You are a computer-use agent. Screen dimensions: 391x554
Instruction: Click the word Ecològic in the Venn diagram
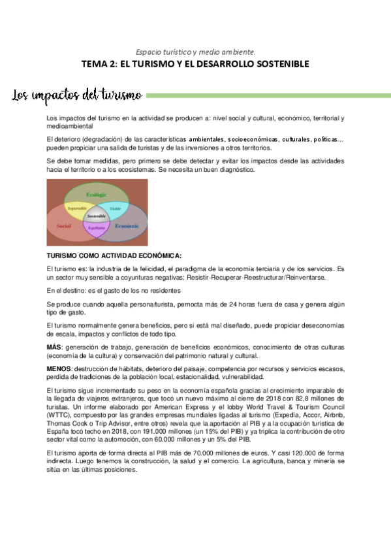[96, 195]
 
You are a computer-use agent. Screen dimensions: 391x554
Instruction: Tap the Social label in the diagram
[63, 225]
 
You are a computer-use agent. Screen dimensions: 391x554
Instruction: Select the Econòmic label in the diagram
[127, 225]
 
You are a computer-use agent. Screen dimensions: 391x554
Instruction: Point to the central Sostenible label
[96, 215]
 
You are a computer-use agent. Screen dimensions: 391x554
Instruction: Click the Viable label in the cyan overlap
[115, 208]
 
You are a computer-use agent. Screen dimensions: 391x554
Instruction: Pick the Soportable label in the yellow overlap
[77, 208]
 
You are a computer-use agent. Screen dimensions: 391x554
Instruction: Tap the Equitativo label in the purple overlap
[96, 227]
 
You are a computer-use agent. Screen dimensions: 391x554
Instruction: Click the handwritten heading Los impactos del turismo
[77, 96]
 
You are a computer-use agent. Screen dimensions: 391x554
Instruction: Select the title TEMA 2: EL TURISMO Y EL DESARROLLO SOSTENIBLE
[195, 64]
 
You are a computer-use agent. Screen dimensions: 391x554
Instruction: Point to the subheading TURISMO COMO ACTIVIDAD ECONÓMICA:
[114, 255]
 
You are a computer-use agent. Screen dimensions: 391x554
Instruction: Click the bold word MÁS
[54, 346]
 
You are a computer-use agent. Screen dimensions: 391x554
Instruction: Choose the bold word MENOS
[59, 368]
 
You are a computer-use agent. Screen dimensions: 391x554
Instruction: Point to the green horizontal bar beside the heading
[268, 95]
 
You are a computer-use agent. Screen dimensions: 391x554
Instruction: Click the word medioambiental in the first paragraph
[68, 125]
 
